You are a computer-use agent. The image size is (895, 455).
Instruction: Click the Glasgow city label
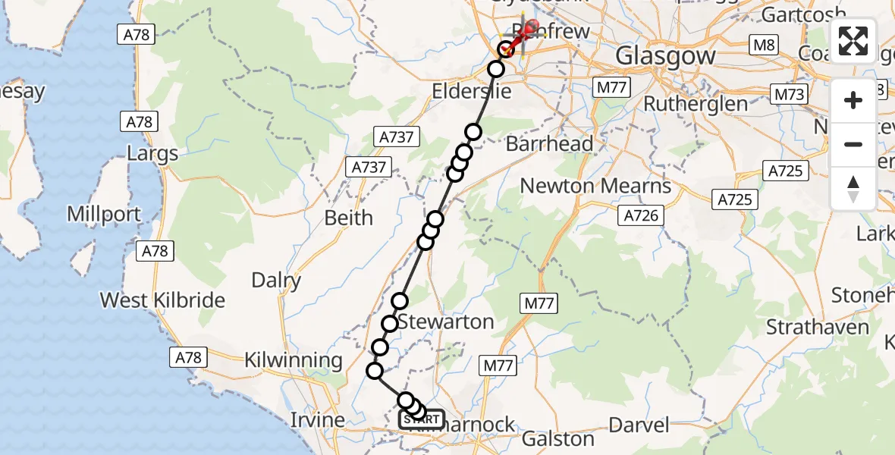665,55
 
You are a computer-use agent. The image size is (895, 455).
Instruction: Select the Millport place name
104,214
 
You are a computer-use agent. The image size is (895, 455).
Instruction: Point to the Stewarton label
445,322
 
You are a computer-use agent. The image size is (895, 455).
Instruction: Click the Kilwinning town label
294,361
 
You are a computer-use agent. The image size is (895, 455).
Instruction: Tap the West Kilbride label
163,300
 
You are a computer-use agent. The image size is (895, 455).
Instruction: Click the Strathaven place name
817,328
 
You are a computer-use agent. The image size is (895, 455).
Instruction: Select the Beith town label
349,218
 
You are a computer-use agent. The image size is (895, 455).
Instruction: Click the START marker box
422,419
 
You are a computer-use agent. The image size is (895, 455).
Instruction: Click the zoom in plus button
853,101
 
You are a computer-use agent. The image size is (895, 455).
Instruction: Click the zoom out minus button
853,144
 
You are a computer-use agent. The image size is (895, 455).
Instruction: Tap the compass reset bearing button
853,188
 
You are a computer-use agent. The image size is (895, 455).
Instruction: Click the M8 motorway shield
764,45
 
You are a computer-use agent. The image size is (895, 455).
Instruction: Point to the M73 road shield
789,95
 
